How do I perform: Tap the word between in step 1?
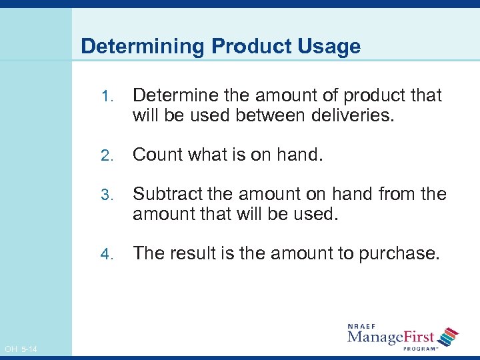point(267,115)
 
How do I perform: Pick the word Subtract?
point(165,194)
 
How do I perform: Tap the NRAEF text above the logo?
point(363,327)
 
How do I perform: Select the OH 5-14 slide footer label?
point(21,349)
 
